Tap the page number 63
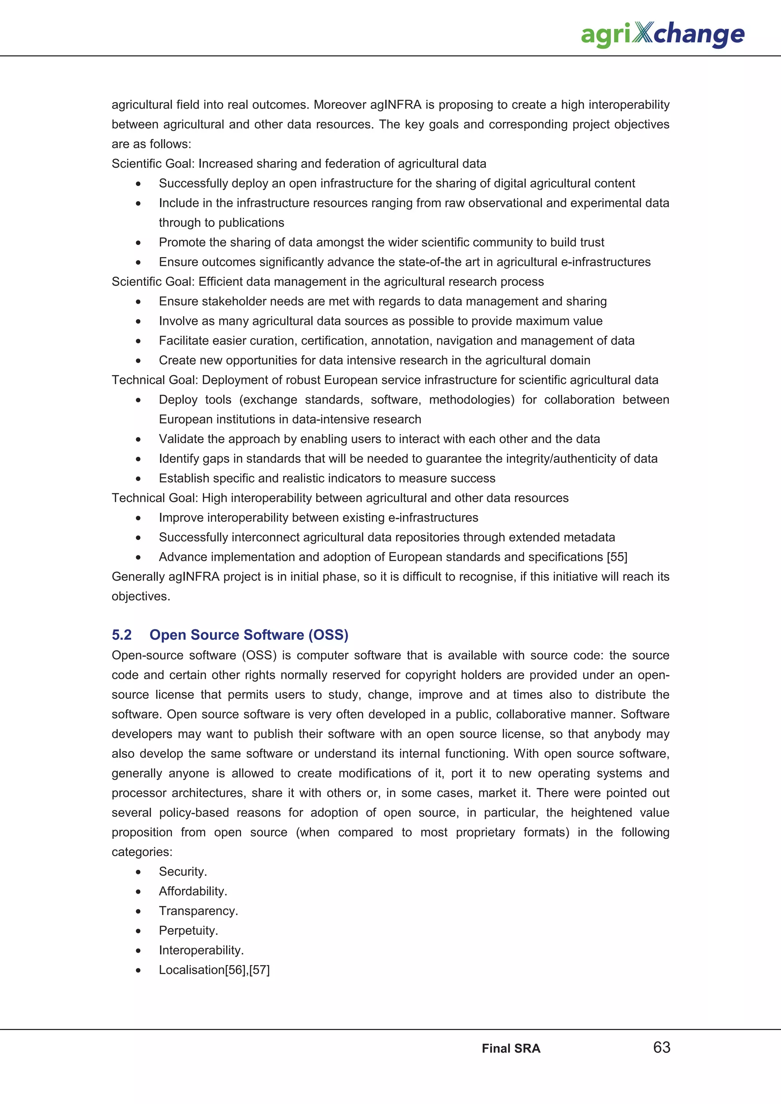pyautogui.click(x=662, y=1047)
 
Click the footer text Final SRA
pyautogui.click(x=511, y=1049)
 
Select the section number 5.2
pyautogui.click(x=122, y=635)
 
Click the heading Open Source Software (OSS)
pyautogui.click(x=249, y=635)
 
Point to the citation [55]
pyautogui.click(x=617, y=557)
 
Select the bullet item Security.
pyautogui.click(x=183, y=872)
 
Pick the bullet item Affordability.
pyautogui.click(x=193, y=891)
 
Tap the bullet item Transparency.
pyautogui.click(x=198, y=911)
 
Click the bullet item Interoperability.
pyautogui.click(x=201, y=950)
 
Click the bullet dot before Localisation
pyautogui.click(x=138, y=970)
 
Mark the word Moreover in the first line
pyautogui.click(x=340, y=105)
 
